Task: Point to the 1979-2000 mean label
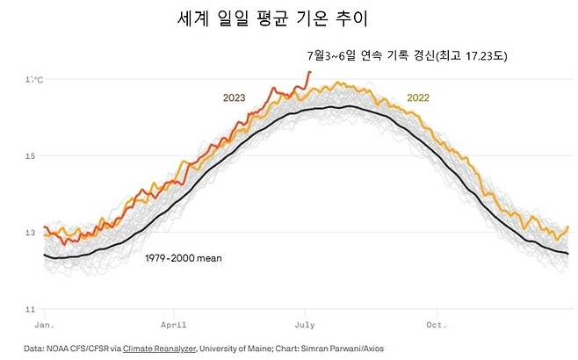point(183,259)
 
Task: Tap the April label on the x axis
point(174,323)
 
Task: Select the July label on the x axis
point(305,323)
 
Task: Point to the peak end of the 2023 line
point(309,72)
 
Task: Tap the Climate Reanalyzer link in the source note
point(156,349)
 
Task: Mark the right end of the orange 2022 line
point(567,227)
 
